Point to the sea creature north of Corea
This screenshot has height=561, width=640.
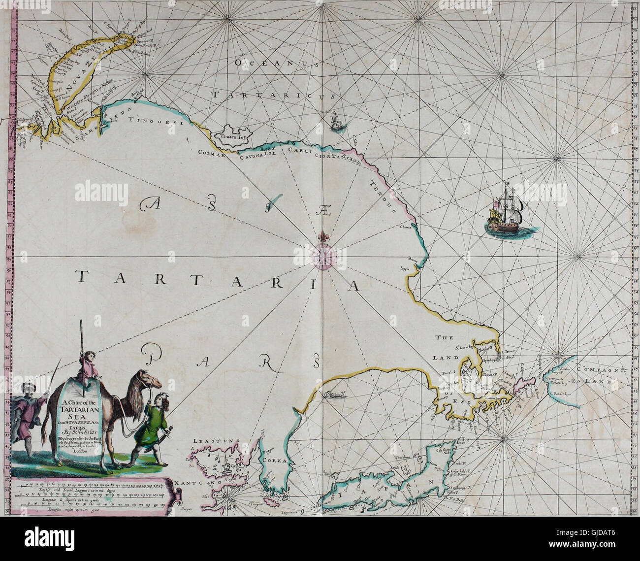point(334,394)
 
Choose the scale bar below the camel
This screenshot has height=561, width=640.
point(94,496)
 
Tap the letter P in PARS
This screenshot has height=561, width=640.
point(153,353)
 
